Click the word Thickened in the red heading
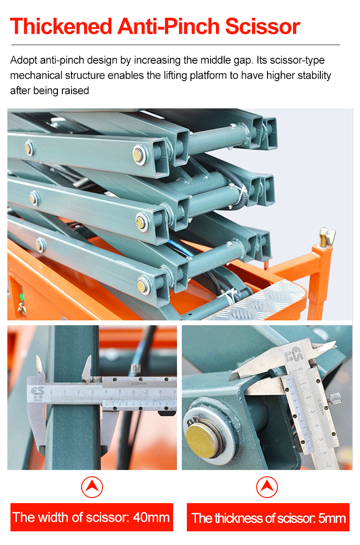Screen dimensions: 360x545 [61, 26]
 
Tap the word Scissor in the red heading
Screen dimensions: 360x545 [262, 26]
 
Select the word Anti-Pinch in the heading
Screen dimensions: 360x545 [169, 26]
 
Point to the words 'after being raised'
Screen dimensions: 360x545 [49, 91]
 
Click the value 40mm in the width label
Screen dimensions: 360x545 [151, 517]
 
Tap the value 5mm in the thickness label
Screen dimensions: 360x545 [332, 518]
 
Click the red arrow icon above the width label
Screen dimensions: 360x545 [92, 487]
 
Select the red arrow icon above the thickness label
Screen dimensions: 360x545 [267, 487]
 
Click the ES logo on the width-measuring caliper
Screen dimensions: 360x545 [37, 392]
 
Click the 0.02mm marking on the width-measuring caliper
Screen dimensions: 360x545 [139, 383]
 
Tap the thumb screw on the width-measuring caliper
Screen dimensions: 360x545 [136, 369]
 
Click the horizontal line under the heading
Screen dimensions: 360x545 [175, 45]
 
